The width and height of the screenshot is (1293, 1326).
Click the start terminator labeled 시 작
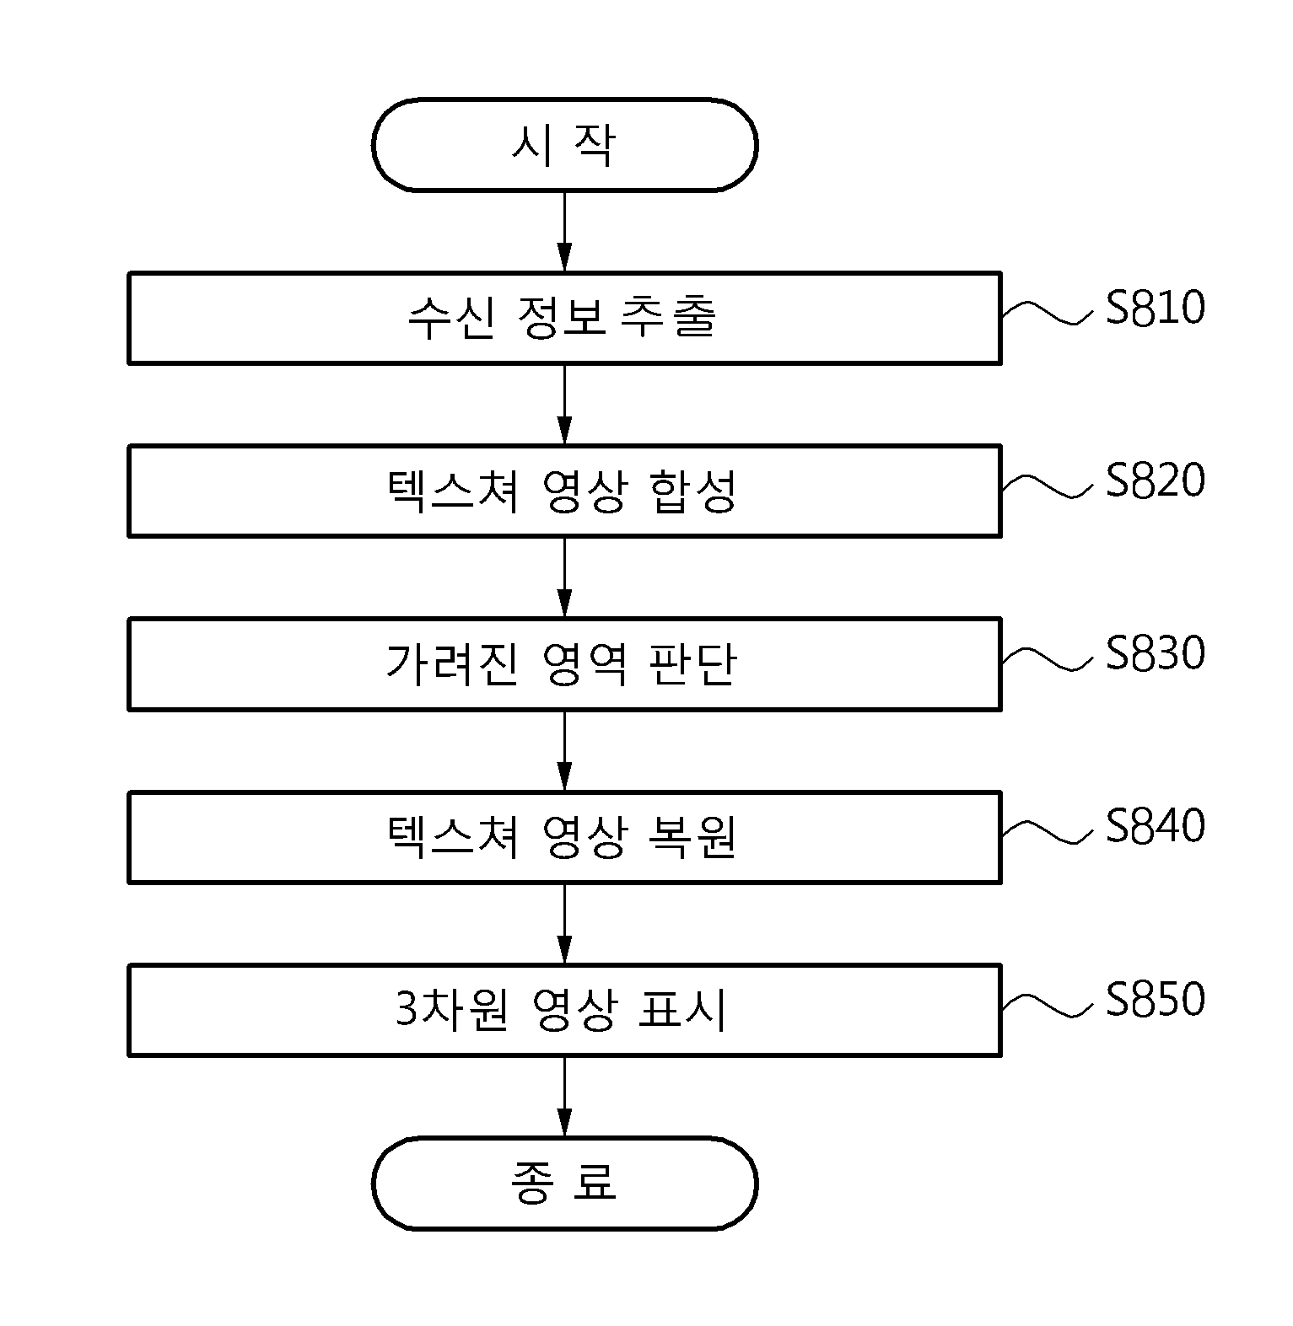(x=564, y=145)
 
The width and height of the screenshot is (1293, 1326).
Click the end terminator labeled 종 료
(x=564, y=1183)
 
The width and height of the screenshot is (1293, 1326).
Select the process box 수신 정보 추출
(x=564, y=318)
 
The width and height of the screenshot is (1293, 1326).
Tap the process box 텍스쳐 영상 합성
(x=564, y=491)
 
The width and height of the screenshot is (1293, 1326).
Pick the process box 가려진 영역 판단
(x=564, y=663)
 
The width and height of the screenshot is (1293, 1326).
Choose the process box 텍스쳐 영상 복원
(x=564, y=837)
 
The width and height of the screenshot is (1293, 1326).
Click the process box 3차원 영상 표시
(x=564, y=1010)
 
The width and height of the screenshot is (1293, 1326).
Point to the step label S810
(x=1155, y=308)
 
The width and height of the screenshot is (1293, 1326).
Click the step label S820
(x=1155, y=480)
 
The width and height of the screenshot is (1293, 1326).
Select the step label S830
(x=1155, y=653)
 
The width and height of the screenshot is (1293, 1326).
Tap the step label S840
(x=1155, y=826)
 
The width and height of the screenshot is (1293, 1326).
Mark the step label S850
(x=1155, y=999)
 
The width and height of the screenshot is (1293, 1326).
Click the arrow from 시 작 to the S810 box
(x=564, y=232)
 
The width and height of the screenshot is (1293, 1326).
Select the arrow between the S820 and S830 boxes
(x=564, y=577)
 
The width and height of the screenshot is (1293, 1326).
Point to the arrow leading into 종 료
(x=564, y=1097)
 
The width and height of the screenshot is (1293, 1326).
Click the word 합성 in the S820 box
(x=694, y=492)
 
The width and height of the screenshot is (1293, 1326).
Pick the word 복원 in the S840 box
(x=694, y=838)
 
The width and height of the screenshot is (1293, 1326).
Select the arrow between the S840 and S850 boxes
(x=564, y=924)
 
